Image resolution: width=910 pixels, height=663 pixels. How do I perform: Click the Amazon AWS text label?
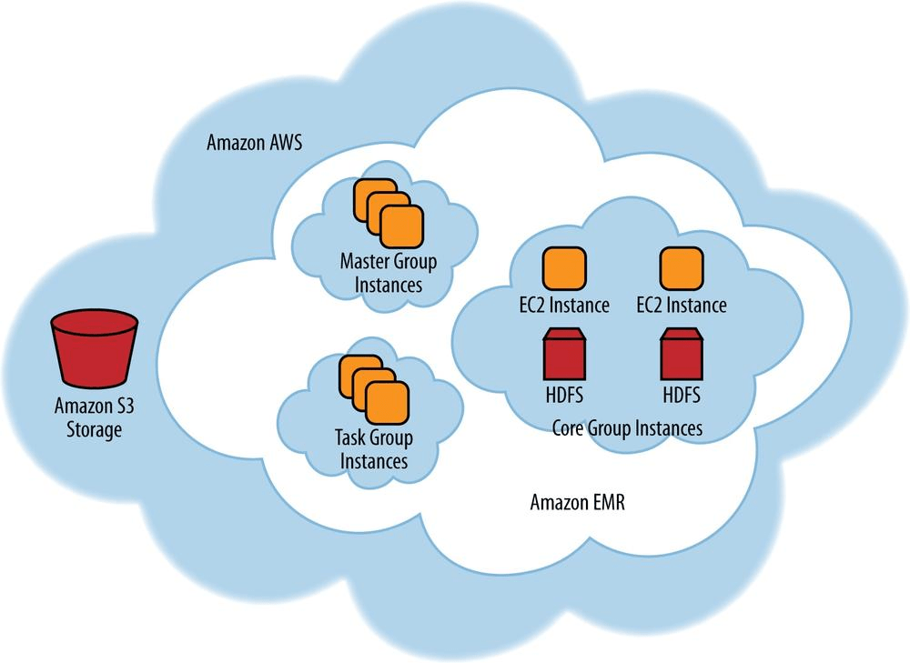pos(254,143)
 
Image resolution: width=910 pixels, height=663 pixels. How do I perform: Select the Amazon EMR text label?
pos(578,503)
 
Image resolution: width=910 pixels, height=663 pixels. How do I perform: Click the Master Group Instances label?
pos(389,273)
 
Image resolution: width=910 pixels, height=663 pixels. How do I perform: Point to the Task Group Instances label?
pos(374,449)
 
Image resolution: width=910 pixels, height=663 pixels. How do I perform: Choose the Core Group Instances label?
pos(628,427)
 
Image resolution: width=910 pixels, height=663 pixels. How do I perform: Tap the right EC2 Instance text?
pos(682,305)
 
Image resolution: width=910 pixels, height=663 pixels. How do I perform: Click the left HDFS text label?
pos(564,397)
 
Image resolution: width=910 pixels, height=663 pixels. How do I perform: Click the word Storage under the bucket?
pos(94,429)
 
